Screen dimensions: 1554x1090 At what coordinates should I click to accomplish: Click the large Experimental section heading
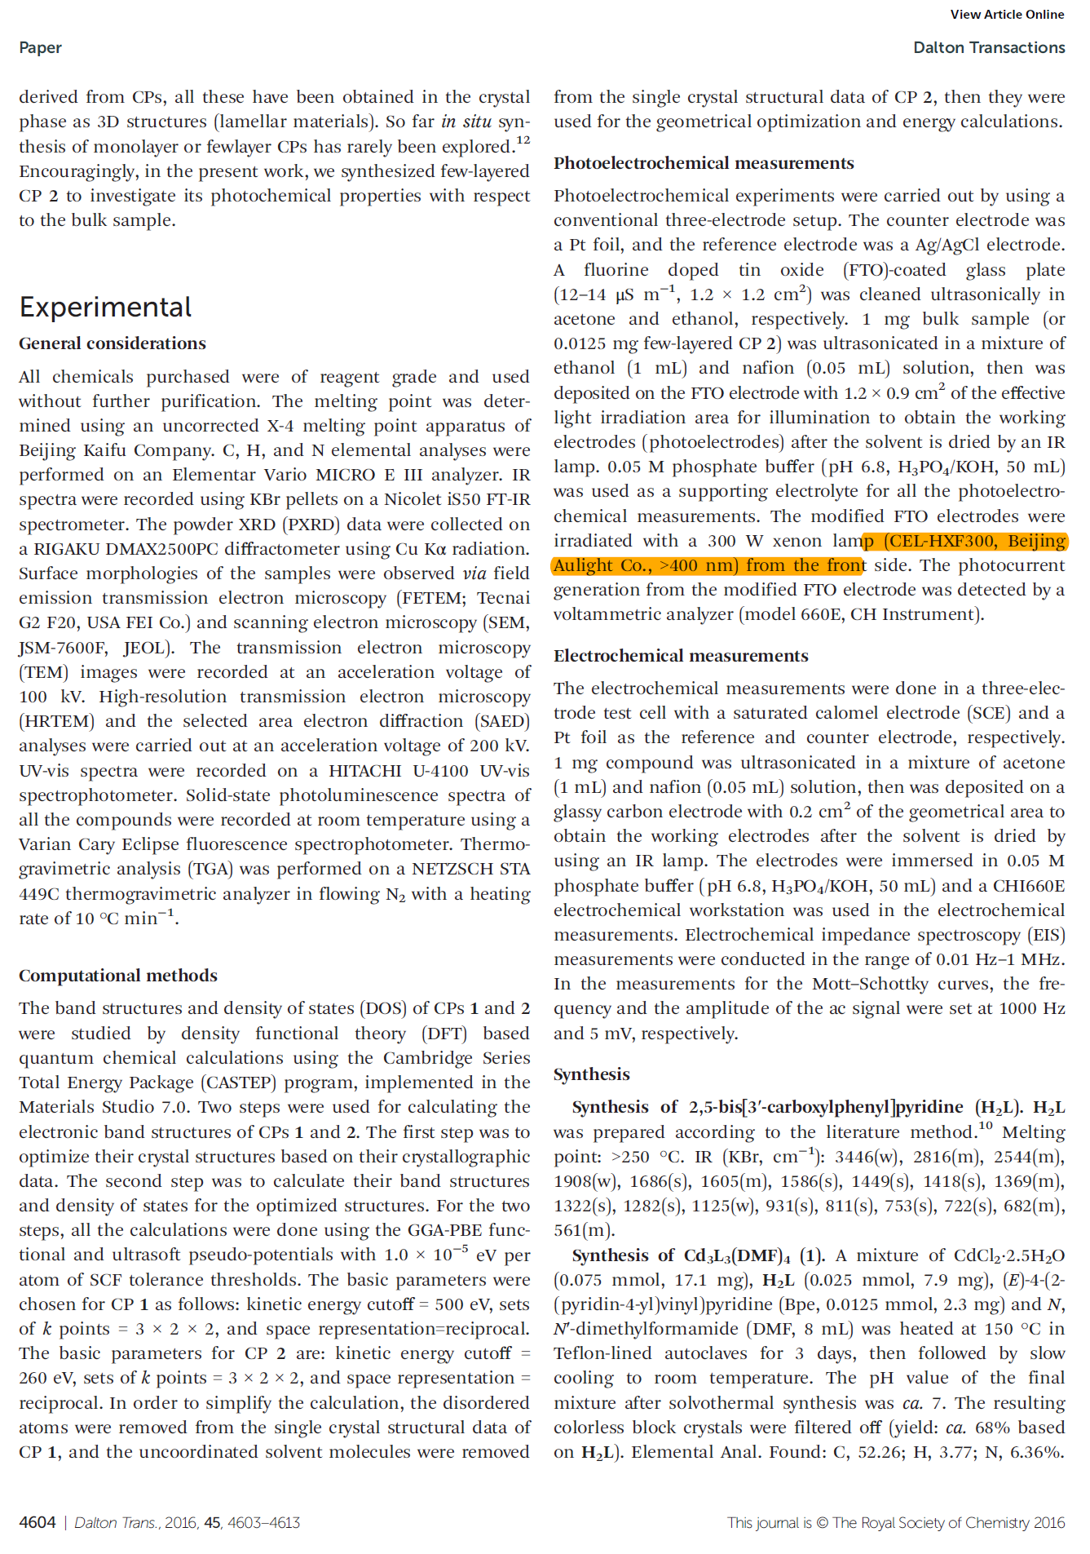105,308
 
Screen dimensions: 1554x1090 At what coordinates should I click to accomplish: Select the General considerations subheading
113,343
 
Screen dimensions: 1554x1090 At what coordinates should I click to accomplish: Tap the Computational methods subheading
118,976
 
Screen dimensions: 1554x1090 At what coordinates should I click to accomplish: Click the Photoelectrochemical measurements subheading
704,163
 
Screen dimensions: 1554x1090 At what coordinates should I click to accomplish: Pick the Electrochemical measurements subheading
681,656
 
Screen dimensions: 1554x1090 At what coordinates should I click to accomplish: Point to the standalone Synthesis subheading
591,1074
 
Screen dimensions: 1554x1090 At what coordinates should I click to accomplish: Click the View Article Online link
1007,15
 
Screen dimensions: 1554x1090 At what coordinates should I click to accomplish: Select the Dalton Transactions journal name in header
989,47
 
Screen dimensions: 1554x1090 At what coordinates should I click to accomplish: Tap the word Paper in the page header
40,47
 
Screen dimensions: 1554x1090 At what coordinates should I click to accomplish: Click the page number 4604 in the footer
38,1522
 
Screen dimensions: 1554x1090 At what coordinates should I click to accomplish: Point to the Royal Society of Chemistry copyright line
896,1522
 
